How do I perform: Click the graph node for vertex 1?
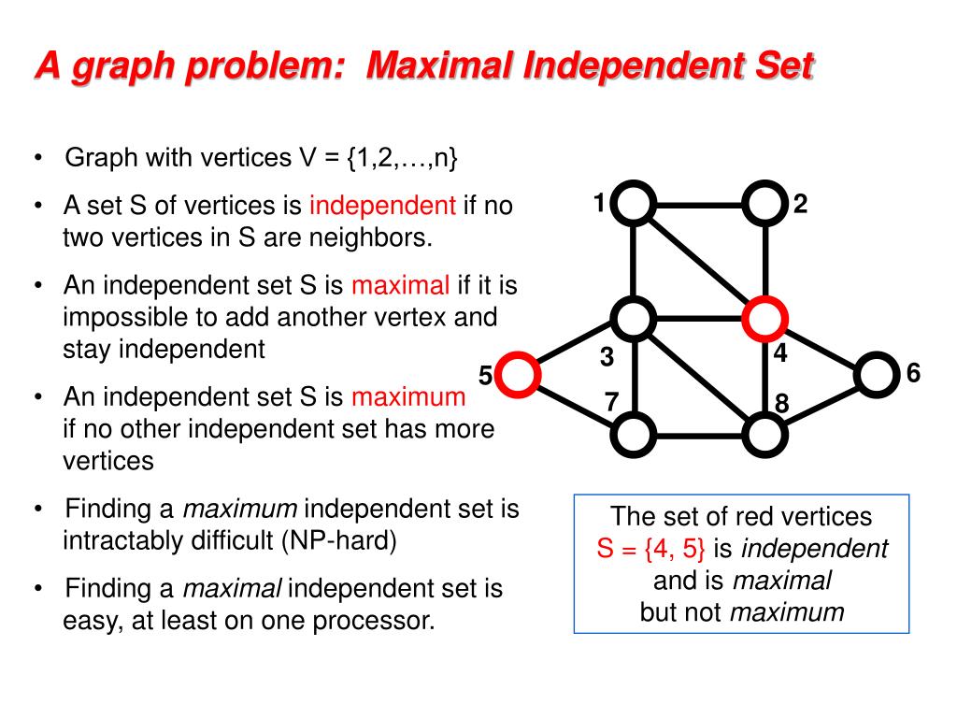[636, 203]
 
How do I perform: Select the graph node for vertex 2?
[764, 203]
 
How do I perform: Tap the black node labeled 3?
[636, 319]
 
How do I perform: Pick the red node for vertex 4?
[764, 319]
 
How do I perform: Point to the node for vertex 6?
[876, 375]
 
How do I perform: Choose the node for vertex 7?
[636, 434]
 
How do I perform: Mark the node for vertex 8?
[764, 434]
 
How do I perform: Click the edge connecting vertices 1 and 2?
[700, 203]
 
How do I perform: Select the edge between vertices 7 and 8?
[700, 434]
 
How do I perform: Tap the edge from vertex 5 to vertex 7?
[577, 404]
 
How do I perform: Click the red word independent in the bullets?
[382, 206]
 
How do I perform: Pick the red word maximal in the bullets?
[400, 284]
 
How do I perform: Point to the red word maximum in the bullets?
[408, 396]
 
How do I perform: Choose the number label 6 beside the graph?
[913, 374]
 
